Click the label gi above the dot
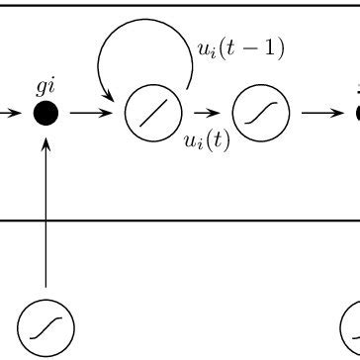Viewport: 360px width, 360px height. pyautogui.click(x=45, y=87)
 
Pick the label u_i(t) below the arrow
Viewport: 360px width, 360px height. pyautogui.click(x=207, y=139)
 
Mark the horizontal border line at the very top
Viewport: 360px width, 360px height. pyautogui.click(x=178, y=4)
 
